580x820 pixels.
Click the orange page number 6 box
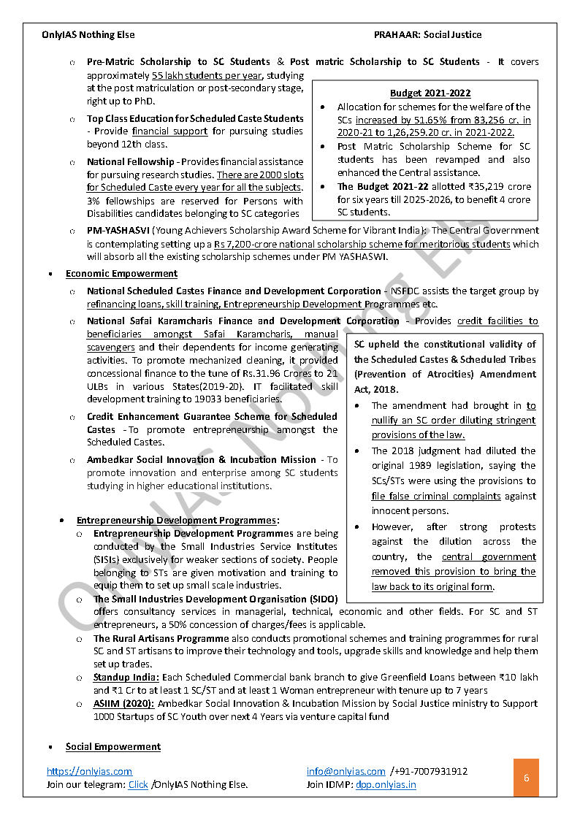pyautogui.click(x=526, y=778)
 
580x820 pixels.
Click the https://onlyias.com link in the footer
pyautogui.click(x=89, y=771)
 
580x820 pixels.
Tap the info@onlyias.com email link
pyautogui.click(x=346, y=771)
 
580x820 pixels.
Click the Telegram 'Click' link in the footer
pyautogui.click(x=138, y=785)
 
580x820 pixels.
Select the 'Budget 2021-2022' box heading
pyautogui.click(x=430, y=93)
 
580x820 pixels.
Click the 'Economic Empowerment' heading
pyautogui.click(x=121, y=274)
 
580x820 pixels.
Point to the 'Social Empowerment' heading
pyautogui.click(x=113, y=746)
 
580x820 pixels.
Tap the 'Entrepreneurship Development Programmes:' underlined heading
pyautogui.click(x=178, y=521)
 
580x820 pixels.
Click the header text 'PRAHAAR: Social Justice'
pyautogui.click(x=427, y=34)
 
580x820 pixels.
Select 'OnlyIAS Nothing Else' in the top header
pyautogui.click(x=88, y=34)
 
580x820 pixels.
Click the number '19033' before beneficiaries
pyautogui.click(x=210, y=399)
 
